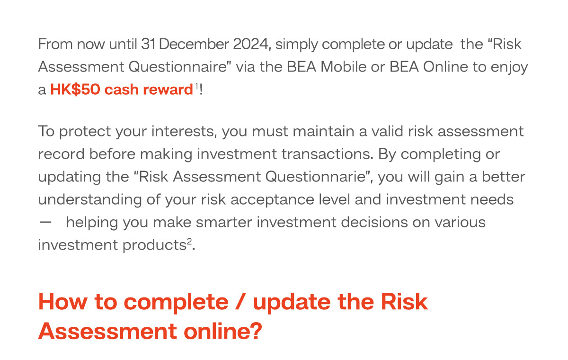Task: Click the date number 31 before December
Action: click(148, 44)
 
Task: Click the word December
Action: click(194, 44)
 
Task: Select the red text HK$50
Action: click(75, 90)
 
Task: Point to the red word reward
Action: click(168, 90)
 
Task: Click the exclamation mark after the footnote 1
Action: click(201, 90)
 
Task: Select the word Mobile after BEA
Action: click(343, 67)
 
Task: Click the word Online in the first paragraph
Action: click(445, 67)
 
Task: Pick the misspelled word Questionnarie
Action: click(317, 177)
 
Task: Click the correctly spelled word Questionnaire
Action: click(177, 67)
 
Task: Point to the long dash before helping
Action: click(45, 223)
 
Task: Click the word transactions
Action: click(328, 154)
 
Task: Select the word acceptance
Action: click(272, 200)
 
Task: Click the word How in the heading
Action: click(63, 301)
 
